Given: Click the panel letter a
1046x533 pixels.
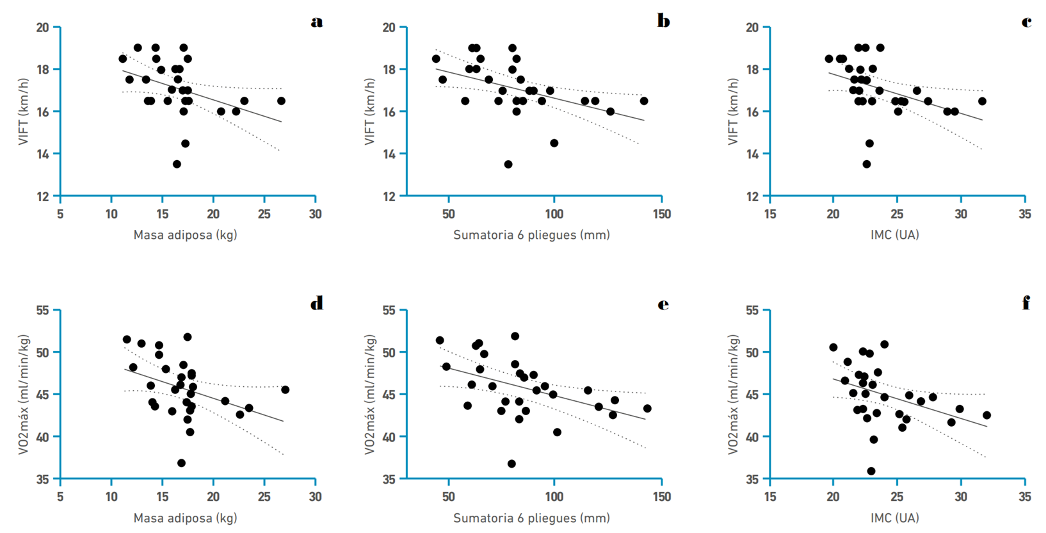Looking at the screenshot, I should pyautogui.click(x=317, y=22).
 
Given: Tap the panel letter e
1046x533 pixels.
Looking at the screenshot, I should pyautogui.click(x=663, y=304).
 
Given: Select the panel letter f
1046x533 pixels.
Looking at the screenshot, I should pyautogui.click(x=1026, y=304).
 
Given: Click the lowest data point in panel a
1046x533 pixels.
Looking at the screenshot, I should pyautogui.click(x=177, y=165).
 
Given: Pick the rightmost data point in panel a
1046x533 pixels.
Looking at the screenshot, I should pyautogui.click(x=281, y=101).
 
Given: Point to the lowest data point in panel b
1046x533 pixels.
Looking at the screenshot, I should pyautogui.click(x=508, y=165).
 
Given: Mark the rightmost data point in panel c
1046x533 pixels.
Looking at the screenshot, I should pyautogui.click(x=982, y=101).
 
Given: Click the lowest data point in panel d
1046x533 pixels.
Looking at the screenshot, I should pyautogui.click(x=181, y=463).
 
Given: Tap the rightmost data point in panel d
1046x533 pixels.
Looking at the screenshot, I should pyautogui.click(x=286, y=390).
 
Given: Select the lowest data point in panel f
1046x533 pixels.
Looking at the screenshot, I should pyautogui.click(x=871, y=471).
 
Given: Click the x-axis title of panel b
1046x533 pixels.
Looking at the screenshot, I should pyautogui.click(x=531, y=235).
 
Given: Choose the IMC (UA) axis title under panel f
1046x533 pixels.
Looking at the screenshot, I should pyautogui.click(x=894, y=518).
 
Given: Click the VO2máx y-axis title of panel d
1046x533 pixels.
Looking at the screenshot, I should pyautogui.click(x=24, y=395).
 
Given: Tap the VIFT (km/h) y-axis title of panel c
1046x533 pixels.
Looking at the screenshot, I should pyautogui.click(x=734, y=112).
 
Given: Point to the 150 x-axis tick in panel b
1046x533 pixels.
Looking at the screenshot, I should pyautogui.click(x=662, y=214).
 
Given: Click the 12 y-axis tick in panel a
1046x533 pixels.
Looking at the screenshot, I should pyautogui.click(x=42, y=196).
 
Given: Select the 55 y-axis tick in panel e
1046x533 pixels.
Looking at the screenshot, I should pyautogui.click(x=389, y=311).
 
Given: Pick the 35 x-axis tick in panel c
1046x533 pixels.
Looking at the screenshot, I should pyautogui.click(x=1025, y=214).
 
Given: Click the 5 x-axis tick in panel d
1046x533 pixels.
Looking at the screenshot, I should pyautogui.click(x=60, y=496).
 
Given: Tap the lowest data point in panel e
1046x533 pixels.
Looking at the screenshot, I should pyautogui.click(x=511, y=464).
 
